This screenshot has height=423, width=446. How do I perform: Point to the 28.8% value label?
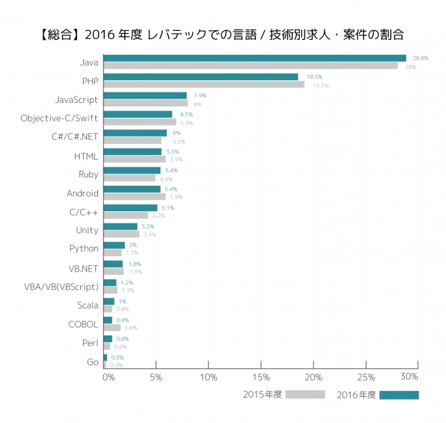[421, 58]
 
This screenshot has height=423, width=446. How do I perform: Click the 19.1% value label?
[320, 86]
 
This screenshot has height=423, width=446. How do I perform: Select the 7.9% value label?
[200, 95]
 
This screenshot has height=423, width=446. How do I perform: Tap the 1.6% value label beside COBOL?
[131, 328]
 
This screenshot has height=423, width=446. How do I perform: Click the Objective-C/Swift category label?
[60, 119]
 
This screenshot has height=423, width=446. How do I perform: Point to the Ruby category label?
[87, 175]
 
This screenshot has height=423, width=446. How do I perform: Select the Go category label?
[93, 361]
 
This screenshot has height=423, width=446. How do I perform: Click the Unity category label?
[87, 230]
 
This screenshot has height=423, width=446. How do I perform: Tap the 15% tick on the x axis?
[261, 377]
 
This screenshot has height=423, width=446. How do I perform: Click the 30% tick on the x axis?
[410, 377]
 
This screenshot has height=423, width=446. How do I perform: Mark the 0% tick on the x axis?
[108, 377]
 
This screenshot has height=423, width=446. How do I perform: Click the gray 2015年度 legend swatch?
[305, 395]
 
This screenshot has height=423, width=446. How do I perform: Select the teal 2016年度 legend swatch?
[399, 395]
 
